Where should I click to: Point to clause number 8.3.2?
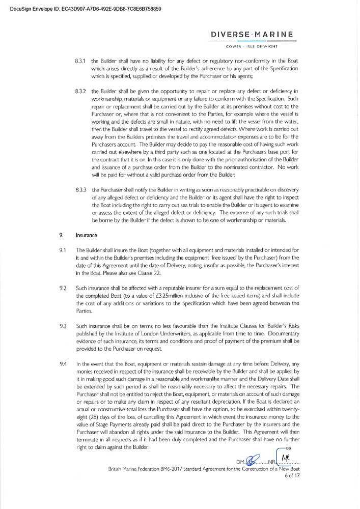(79, 91)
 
